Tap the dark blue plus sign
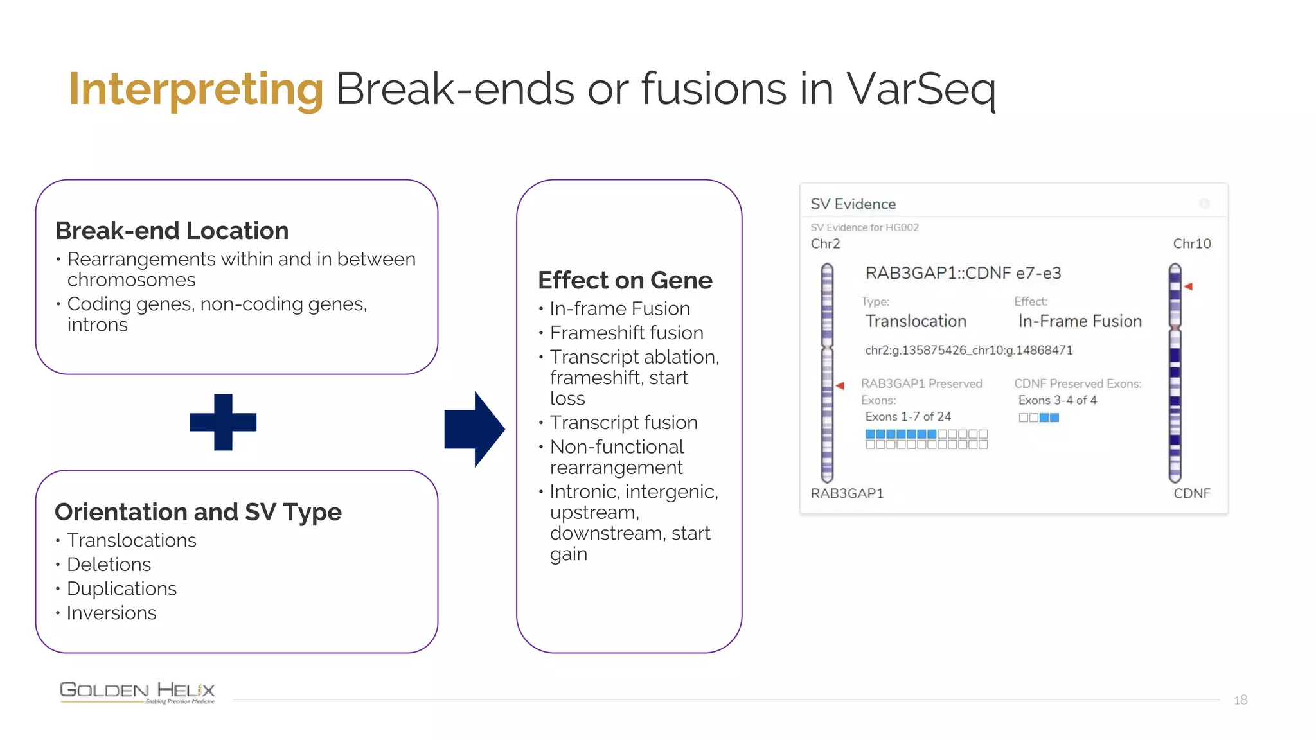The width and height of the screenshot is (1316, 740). [x=223, y=422]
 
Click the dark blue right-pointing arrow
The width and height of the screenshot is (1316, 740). [x=474, y=429]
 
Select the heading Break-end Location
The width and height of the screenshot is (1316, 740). [x=172, y=231]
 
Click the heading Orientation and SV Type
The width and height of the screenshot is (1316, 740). [x=198, y=512]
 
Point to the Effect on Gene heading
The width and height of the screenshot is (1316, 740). [x=625, y=281]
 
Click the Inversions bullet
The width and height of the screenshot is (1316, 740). [x=111, y=613]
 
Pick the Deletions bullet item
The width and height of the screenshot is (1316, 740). [x=109, y=565]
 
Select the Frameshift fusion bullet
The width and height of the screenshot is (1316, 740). [x=626, y=333]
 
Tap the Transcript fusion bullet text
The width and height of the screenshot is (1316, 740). [x=623, y=423]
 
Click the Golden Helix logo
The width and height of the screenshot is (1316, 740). [x=137, y=692]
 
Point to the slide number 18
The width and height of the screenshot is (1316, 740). [x=1240, y=700]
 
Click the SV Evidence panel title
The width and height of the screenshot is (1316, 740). [x=853, y=204]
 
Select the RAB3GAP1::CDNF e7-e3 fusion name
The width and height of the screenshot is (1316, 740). [x=963, y=273]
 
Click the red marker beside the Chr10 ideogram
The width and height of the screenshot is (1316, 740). [x=1188, y=286]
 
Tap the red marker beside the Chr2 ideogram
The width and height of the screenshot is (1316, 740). [x=840, y=385]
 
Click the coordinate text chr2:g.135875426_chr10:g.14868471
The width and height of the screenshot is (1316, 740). [x=968, y=350]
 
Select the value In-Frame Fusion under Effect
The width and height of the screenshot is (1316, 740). [x=1080, y=321]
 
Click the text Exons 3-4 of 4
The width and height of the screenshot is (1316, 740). [x=1057, y=400]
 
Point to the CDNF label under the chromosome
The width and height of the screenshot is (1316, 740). [x=1191, y=493]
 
